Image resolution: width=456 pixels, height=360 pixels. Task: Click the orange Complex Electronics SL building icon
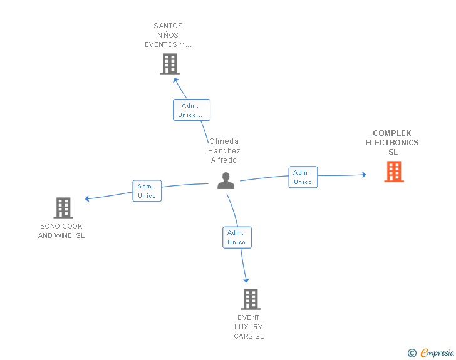394,172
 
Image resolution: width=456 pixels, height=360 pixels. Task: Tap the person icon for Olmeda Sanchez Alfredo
225,181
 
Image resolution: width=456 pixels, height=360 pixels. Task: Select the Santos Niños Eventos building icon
170,64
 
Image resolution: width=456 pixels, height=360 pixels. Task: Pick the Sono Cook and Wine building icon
63,208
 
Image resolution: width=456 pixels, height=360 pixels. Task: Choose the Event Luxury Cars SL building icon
250,299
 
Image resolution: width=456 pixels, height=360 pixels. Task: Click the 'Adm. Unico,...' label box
192,110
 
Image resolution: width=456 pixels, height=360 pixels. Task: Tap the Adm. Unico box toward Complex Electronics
303,177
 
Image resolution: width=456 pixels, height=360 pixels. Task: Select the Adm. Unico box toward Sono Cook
147,191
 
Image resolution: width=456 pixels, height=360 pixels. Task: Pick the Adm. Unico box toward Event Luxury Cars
237,237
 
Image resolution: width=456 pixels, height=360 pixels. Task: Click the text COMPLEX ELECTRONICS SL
392,142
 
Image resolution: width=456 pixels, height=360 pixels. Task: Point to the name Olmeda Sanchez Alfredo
224,150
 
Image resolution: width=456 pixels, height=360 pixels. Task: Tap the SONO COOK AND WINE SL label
61,230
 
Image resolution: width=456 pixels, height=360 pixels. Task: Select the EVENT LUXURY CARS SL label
249,327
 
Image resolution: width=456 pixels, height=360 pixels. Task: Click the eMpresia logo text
437,352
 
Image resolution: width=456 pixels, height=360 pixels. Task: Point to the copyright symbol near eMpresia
412,353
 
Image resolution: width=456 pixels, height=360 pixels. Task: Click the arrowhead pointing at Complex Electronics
363,175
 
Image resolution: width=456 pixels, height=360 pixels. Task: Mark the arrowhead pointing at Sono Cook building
88,199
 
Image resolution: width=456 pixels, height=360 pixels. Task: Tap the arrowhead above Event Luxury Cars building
246,279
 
